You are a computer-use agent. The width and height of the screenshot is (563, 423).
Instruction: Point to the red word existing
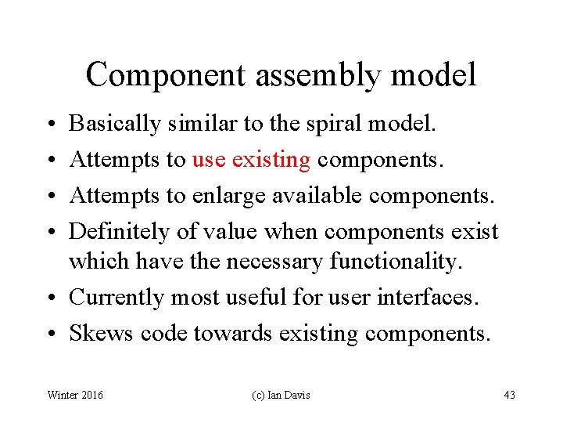[271, 161]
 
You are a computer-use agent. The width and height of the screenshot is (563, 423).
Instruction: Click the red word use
[208, 161]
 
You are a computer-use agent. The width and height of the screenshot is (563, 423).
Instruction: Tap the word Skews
[102, 334]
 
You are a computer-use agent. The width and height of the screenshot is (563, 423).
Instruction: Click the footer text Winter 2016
[75, 395]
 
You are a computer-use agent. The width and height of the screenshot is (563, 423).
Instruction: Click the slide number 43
[509, 395]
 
